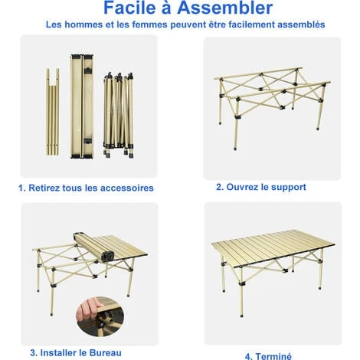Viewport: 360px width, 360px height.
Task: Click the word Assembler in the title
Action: pos(225,8)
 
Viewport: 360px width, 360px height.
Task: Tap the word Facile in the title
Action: pos(129,8)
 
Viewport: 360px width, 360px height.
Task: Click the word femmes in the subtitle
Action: pos(148,25)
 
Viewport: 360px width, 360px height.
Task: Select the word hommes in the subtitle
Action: pos(83,25)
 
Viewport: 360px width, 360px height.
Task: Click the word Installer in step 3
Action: pos(58,353)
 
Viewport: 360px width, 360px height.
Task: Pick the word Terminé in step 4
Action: pos(273,356)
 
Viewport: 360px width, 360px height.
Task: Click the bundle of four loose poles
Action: pos(53,112)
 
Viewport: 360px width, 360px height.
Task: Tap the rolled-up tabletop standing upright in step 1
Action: pos(82,106)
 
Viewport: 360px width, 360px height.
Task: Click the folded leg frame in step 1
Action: pos(119,115)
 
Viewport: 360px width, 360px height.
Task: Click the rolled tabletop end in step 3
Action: pos(107,256)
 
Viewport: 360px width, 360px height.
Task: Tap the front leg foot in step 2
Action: pos(235,148)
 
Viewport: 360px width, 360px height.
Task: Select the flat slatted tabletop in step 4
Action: pos(273,248)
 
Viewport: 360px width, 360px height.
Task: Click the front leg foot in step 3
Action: pos(51,313)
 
